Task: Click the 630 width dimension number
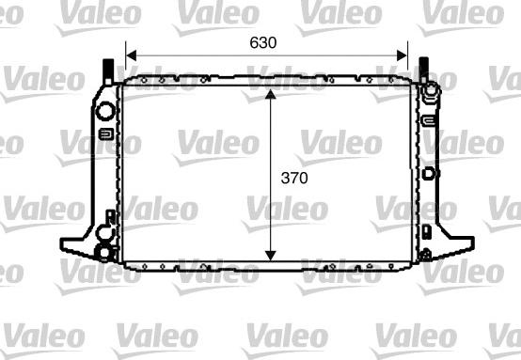(263, 42)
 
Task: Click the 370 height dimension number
(294, 176)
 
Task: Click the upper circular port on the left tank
(105, 111)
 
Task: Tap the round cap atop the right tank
(429, 92)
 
